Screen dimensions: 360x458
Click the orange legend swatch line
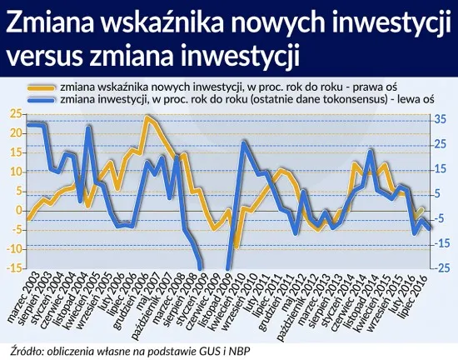coord(40,87)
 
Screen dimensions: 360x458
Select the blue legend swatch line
coord(40,99)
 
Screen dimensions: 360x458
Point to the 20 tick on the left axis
coord(14,133)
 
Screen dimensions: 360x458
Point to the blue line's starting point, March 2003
coord(28,124)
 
